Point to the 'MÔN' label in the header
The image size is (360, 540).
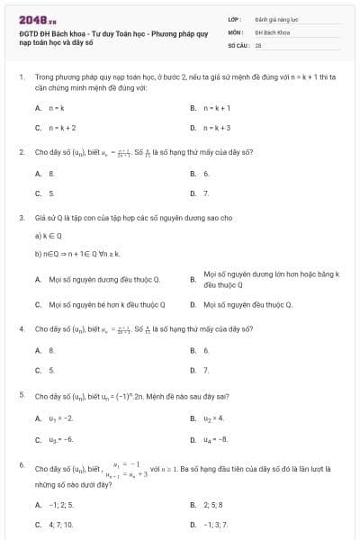click(236, 31)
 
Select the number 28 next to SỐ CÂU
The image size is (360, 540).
click(258, 43)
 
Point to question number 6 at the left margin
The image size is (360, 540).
click(21, 463)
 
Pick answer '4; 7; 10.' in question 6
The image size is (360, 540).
click(60, 524)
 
